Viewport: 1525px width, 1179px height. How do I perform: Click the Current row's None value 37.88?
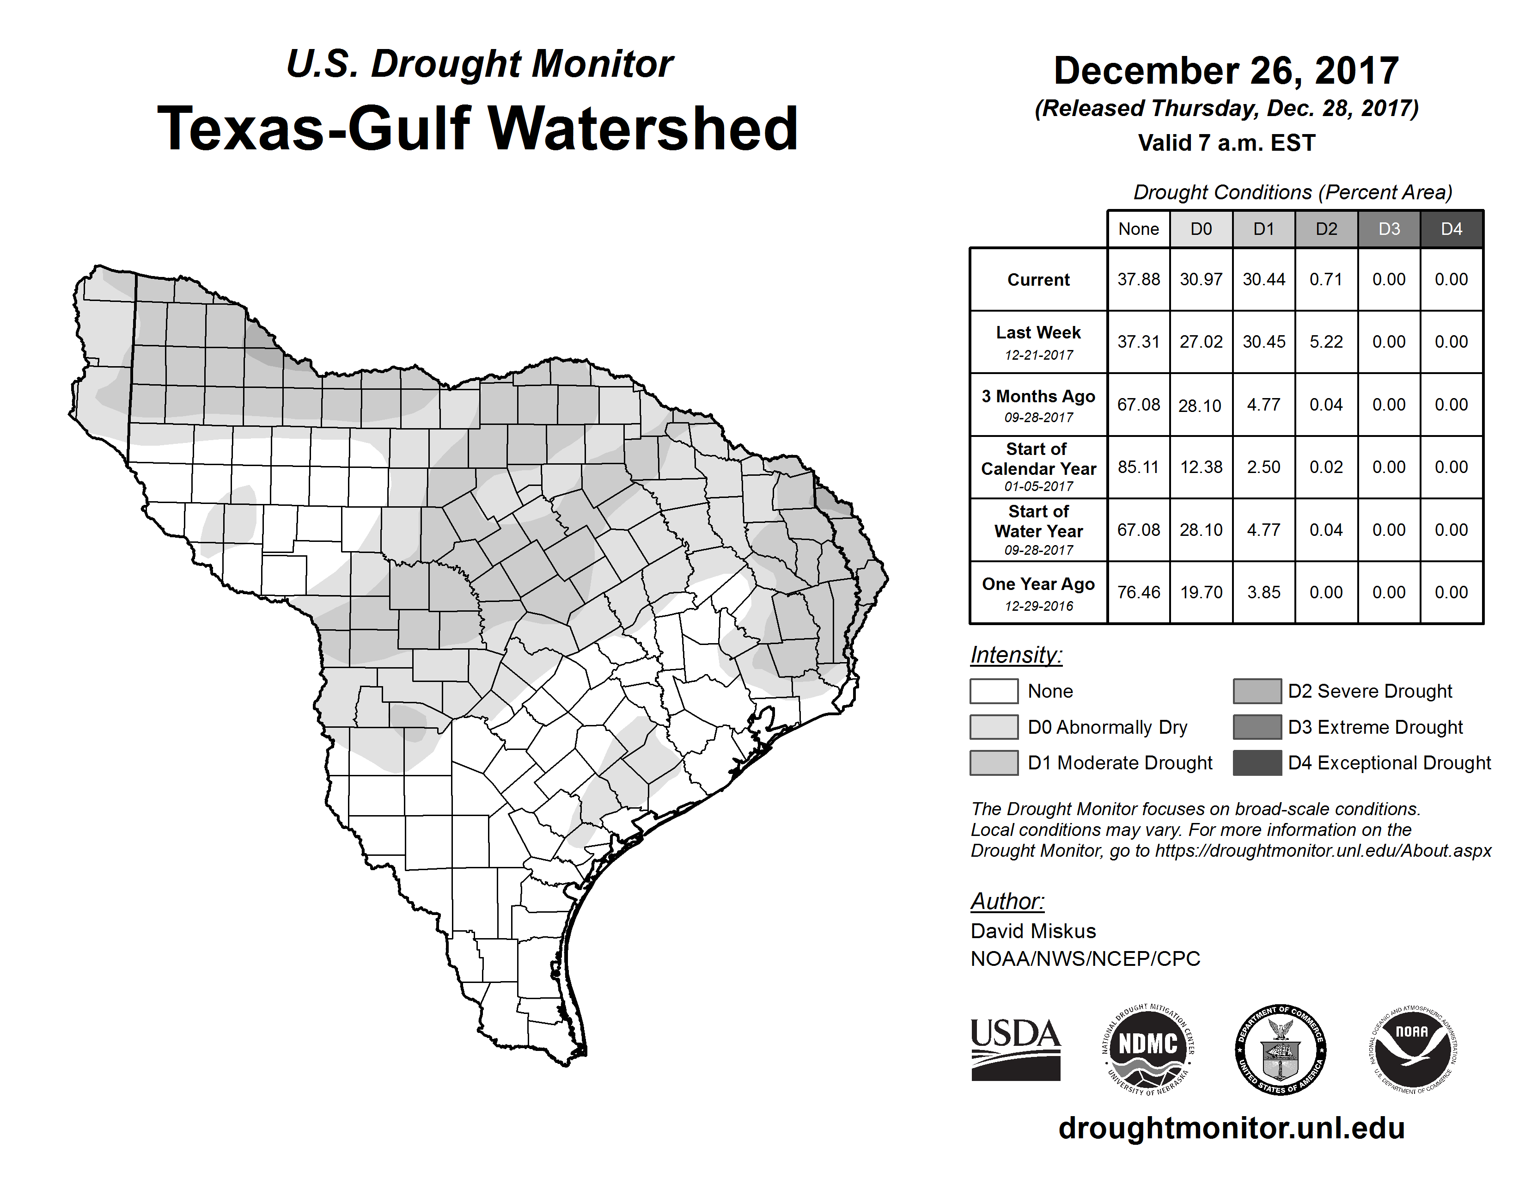1138,279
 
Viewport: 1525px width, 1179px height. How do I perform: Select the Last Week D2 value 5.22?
1326,342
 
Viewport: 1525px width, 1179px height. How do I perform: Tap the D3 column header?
1389,229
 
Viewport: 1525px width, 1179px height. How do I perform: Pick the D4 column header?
1451,229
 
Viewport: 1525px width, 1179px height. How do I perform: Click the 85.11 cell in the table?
1138,467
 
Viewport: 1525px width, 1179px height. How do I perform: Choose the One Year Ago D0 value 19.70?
1201,592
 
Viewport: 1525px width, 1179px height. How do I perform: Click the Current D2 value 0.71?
1326,279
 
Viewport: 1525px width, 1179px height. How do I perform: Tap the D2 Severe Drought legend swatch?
1257,691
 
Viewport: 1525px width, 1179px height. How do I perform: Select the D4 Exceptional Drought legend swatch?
1257,763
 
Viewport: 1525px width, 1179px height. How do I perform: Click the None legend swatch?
994,691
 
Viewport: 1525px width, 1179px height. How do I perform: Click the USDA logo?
1015,1049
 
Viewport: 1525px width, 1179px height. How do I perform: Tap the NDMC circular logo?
1148,1049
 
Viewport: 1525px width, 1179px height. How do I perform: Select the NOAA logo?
1412,1049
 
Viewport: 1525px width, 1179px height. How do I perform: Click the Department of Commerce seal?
1280,1049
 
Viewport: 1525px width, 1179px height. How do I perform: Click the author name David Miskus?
1033,931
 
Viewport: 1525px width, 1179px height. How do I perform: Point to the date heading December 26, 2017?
1226,71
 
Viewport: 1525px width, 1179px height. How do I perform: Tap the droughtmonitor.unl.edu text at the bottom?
1232,1129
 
